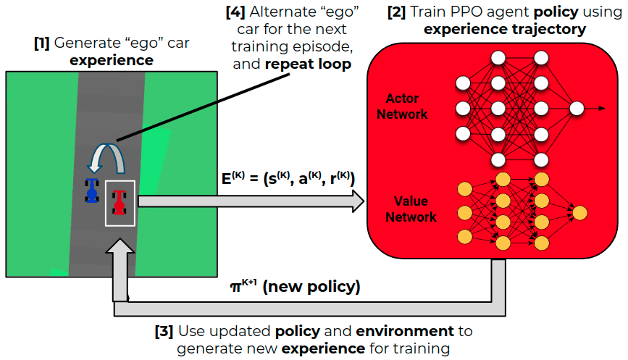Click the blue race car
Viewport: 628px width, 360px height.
(x=92, y=191)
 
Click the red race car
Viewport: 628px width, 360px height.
(x=120, y=201)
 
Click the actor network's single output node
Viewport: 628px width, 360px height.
(x=577, y=108)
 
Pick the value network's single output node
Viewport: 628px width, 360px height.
(x=579, y=212)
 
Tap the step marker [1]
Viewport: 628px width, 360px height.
(x=41, y=43)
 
